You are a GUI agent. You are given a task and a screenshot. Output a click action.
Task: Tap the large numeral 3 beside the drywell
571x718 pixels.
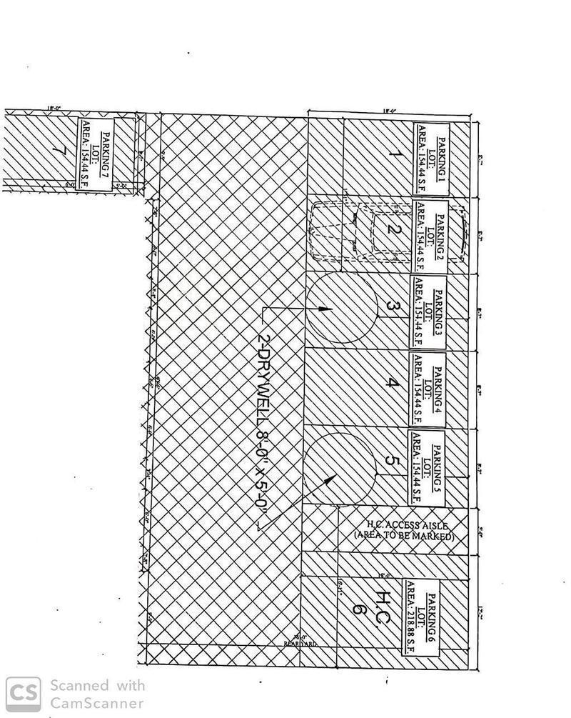[392, 306]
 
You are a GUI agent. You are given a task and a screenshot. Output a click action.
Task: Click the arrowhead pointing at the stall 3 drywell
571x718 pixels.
[325, 309]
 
